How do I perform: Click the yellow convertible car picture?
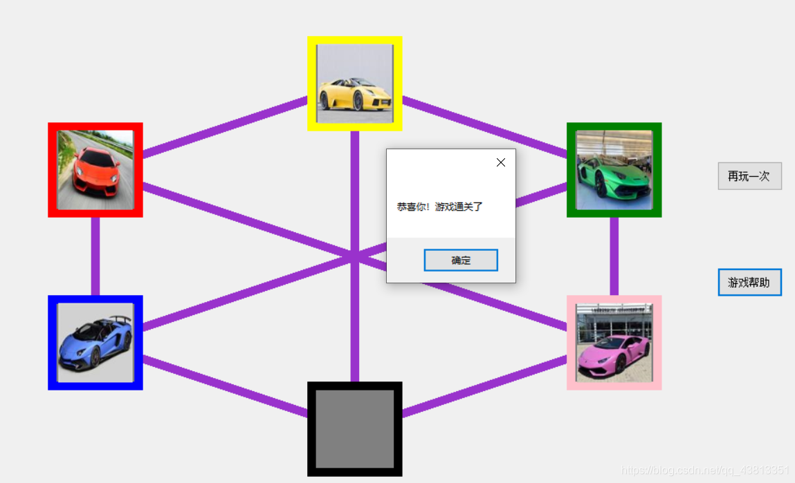[x=354, y=84]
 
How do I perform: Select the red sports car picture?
[x=95, y=170]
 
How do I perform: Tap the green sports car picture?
[x=614, y=170]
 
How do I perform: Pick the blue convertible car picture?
[x=95, y=343]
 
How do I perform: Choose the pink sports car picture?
[x=614, y=343]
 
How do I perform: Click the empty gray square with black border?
[x=354, y=428]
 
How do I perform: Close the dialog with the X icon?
[x=501, y=162]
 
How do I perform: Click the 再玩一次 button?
[x=749, y=176]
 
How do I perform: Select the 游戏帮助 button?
[x=749, y=283]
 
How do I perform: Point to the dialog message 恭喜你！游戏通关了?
[x=439, y=207]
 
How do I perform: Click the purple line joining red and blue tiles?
[x=95, y=256]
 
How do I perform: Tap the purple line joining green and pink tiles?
[x=614, y=256]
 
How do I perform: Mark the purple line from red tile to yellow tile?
[x=225, y=126]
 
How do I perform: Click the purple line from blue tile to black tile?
[x=225, y=386]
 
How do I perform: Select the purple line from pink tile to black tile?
[x=484, y=386]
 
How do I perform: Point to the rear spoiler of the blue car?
[x=122, y=319]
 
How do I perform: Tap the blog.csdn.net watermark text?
[x=706, y=471]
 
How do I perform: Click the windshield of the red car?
[x=90, y=153]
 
